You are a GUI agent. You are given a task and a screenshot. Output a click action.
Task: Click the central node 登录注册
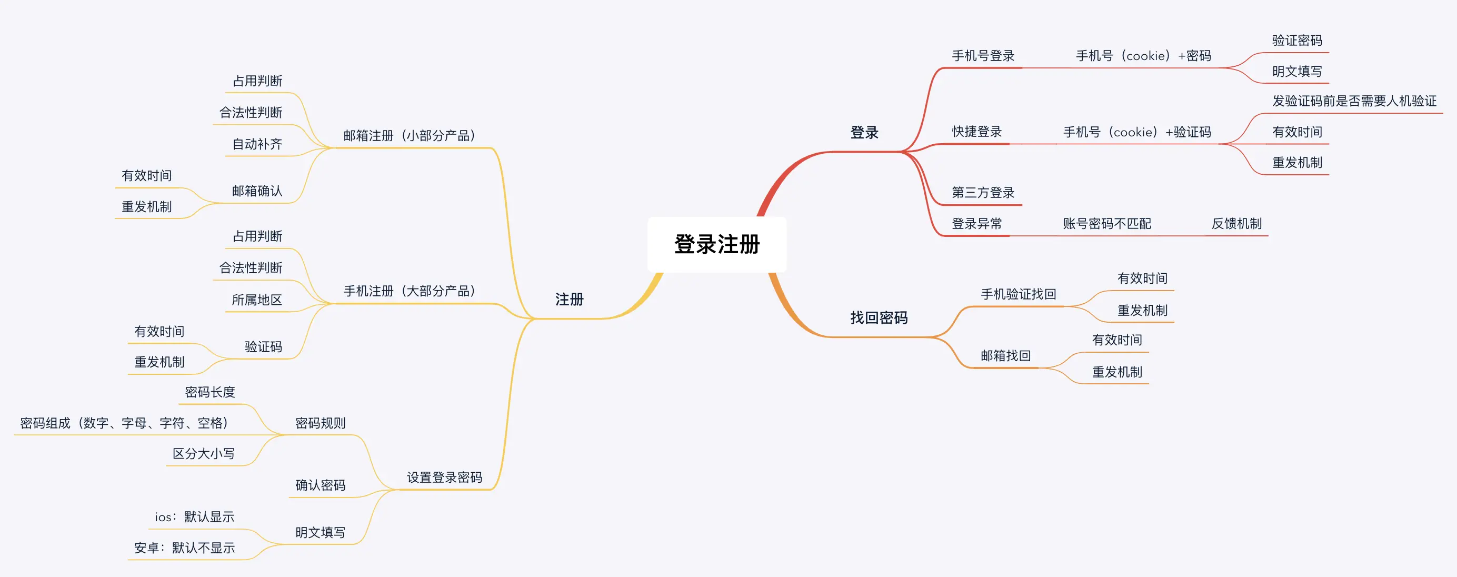716,244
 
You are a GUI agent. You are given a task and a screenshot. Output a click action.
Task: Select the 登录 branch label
864,133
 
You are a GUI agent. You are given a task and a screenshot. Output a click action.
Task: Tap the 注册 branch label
569,299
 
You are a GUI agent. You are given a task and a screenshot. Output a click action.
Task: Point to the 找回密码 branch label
879,318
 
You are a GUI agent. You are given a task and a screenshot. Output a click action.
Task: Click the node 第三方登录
983,193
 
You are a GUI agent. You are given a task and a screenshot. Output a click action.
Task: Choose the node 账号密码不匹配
1107,224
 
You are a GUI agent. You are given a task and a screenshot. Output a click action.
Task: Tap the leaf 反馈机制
1236,224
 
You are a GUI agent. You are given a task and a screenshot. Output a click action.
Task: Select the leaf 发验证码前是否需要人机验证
1354,101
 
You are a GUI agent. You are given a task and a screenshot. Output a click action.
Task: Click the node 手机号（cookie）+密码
1143,56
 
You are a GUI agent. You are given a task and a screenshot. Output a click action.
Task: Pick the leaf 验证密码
1297,41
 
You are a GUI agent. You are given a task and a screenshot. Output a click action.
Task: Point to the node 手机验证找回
1018,294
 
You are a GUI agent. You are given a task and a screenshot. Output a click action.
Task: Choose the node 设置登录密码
445,477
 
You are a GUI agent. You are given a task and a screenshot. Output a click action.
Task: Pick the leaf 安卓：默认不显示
184,548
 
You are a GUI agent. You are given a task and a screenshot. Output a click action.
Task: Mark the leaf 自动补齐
257,144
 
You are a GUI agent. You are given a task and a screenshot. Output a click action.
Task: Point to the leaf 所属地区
257,300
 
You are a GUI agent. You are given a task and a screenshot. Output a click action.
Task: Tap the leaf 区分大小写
204,454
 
